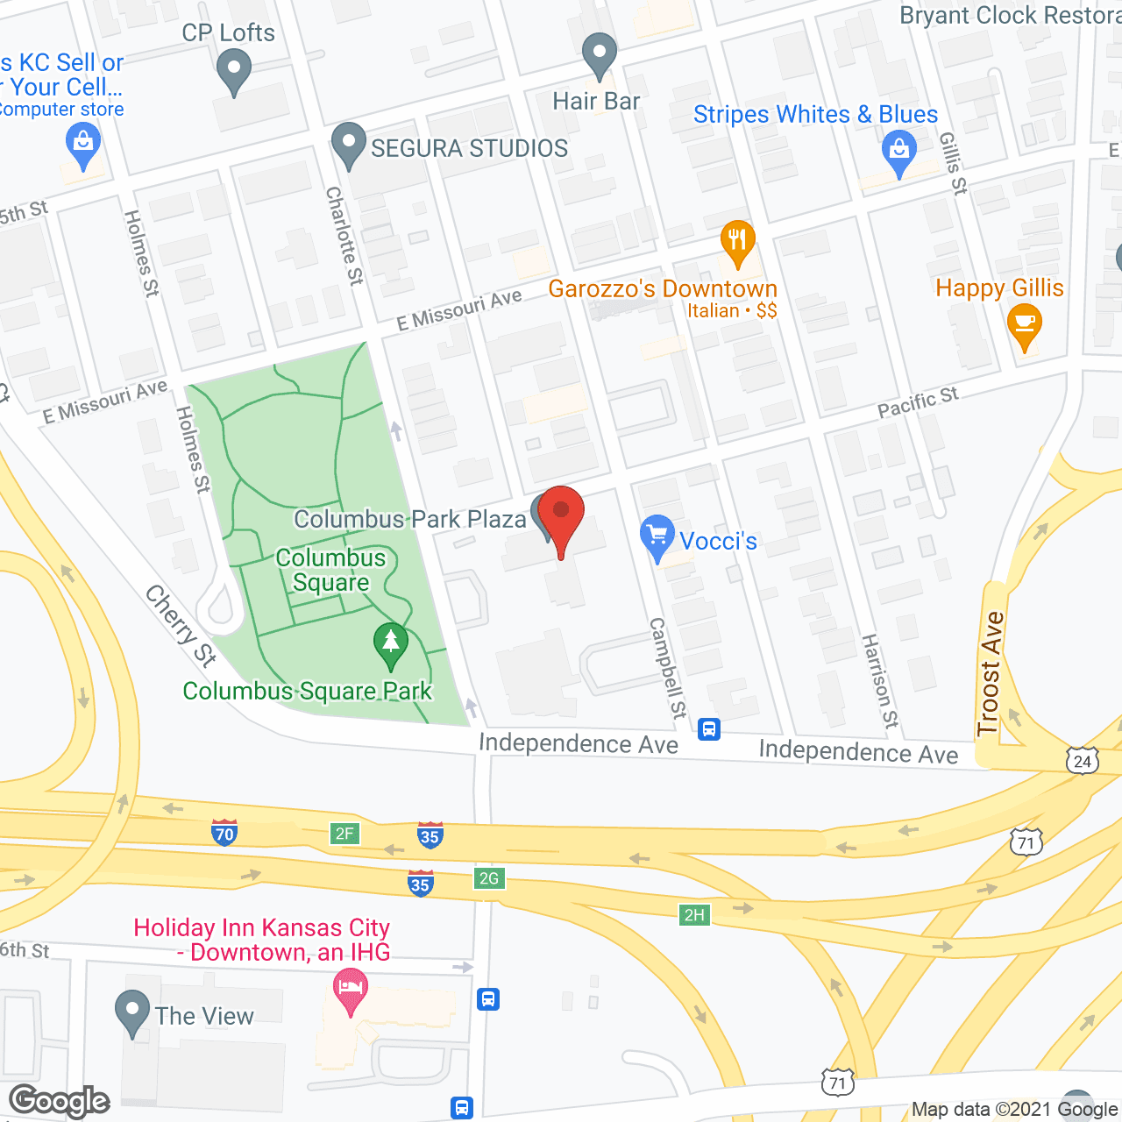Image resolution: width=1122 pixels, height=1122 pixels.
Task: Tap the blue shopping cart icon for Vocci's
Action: click(x=657, y=537)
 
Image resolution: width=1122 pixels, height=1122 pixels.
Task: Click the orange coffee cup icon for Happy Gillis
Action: click(x=1024, y=325)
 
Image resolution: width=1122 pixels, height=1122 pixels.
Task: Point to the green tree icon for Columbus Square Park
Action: click(x=391, y=644)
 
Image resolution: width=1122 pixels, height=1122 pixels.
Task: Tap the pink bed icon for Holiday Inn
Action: click(x=351, y=990)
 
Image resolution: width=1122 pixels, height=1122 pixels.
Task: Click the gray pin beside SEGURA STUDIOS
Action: click(x=349, y=145)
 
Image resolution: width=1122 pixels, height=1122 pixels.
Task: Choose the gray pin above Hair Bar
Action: click(x=600, y=54)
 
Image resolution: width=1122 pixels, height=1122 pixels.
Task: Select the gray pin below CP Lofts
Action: click(x=233, y=70)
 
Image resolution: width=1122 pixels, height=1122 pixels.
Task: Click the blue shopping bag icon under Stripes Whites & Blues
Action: click(x=898, y=152)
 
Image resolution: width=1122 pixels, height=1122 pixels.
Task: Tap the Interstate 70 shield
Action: click(x=224, y=833)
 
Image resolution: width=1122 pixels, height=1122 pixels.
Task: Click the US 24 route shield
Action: click(x=1083, y=760)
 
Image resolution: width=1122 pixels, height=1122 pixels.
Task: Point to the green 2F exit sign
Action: click(x=344, y=833)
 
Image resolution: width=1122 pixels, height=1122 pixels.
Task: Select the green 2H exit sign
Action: click(x=694, y=915)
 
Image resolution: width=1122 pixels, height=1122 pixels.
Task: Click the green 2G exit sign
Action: click(x=488, y=877)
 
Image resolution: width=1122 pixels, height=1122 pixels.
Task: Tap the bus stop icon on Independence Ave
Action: click(x=709, y=728)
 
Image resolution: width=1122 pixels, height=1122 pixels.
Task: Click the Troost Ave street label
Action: click(x=991, y=673)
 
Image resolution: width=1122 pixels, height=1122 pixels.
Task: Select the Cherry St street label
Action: click(x=181, y=625)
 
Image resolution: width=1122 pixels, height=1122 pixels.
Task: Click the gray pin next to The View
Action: click(x=132, y=1012)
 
